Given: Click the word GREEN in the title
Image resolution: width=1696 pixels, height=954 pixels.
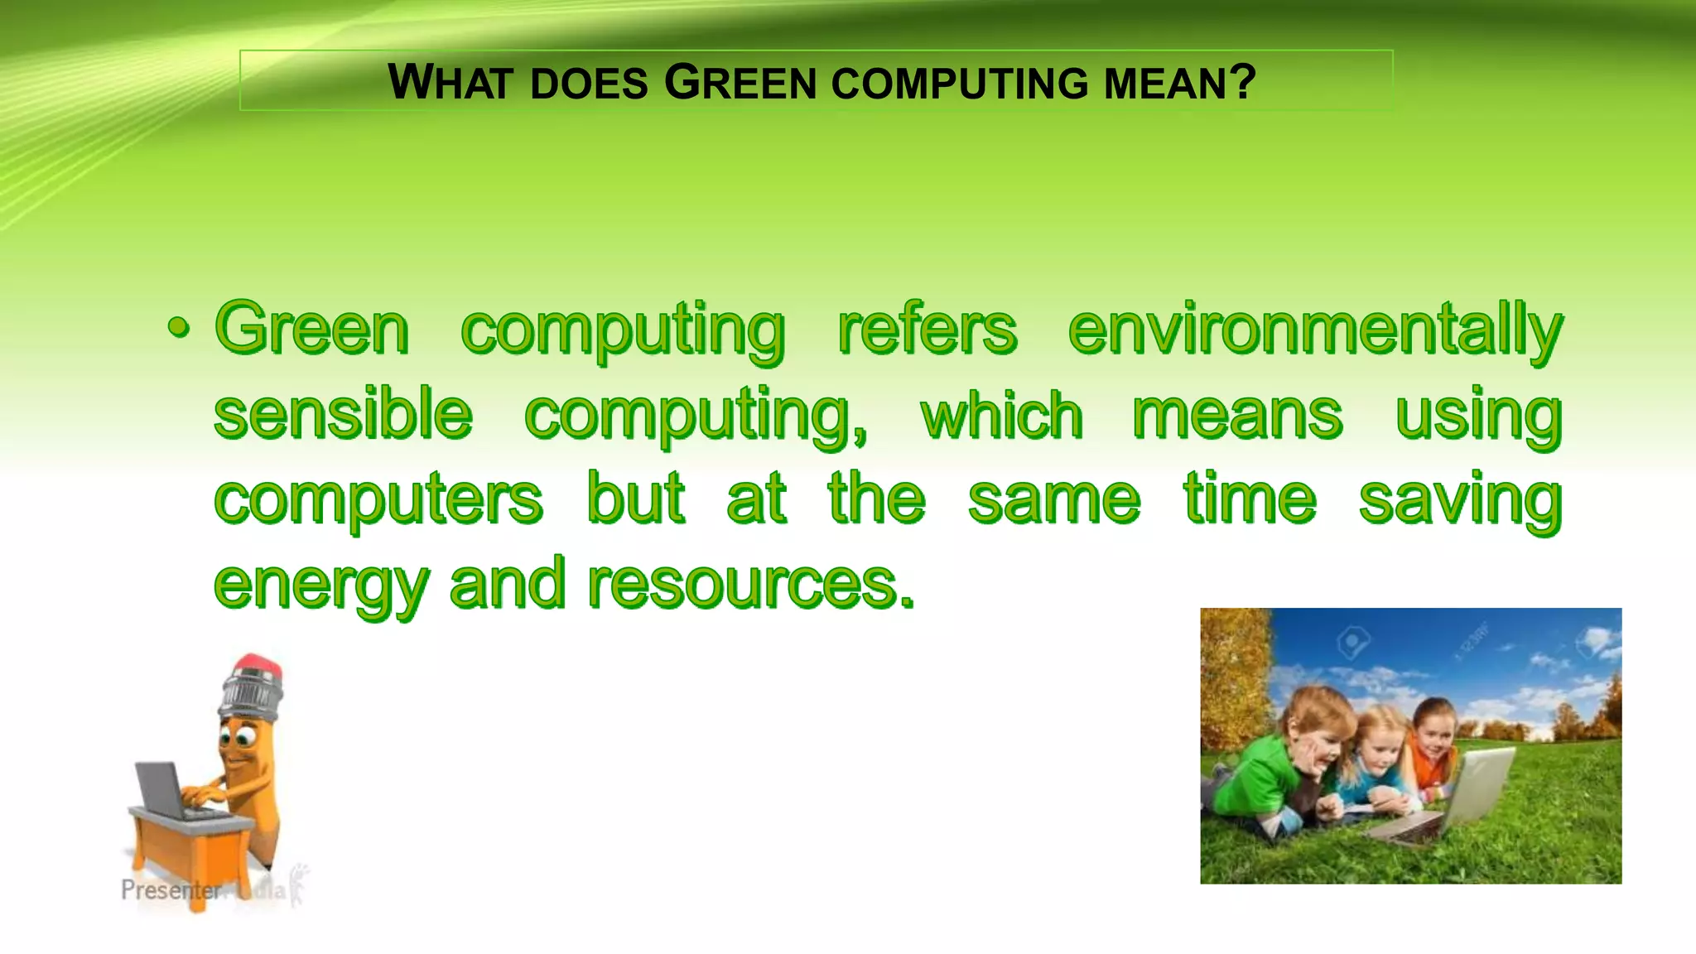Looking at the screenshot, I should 740,83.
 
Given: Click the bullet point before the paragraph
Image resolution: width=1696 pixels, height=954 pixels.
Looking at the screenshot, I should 178,330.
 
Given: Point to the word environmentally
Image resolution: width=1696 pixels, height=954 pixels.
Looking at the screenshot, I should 1315,330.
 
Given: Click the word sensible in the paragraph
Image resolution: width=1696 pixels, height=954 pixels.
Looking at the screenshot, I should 343,414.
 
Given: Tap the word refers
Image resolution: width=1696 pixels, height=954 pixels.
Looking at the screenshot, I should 927,330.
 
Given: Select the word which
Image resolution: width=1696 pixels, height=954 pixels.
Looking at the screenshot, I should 1001,414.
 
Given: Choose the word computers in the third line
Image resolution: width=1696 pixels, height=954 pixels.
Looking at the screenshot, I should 378,499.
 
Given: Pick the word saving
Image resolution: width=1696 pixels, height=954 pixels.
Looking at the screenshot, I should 1461,499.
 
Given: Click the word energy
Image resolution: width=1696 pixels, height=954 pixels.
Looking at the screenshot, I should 321,586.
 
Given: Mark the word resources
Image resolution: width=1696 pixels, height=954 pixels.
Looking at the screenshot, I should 751,585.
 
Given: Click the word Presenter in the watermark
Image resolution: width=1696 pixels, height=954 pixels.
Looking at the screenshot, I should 171,890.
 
